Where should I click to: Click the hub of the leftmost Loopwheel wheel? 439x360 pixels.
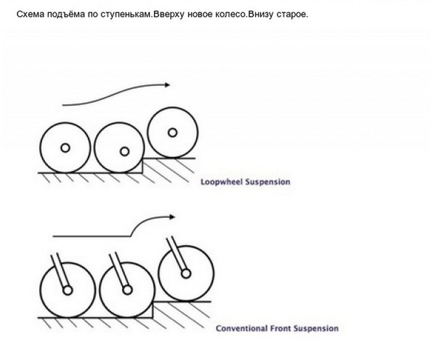tap(65, 148)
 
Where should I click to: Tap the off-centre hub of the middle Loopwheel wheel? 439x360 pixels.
tap(124, 152)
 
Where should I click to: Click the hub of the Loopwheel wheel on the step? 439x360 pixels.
tap(172, 132)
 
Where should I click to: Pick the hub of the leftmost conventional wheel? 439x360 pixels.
tap(67, 291)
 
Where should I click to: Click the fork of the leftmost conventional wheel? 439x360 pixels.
tap(58, 271)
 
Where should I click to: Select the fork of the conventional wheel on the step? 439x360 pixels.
tap(177, 255)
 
